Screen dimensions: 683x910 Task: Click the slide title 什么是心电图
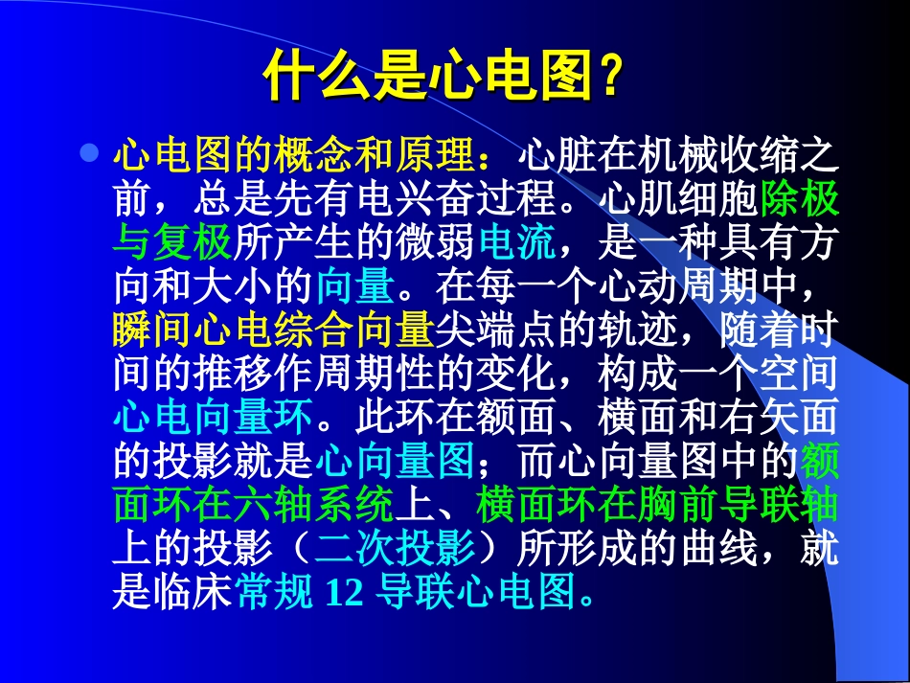(427, 76)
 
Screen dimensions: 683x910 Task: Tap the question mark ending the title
(606, 77)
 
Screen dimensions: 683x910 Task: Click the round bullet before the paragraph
(90, 152)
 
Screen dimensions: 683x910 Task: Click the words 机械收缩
(717, 154)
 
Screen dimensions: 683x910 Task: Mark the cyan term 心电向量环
(213, 419)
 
